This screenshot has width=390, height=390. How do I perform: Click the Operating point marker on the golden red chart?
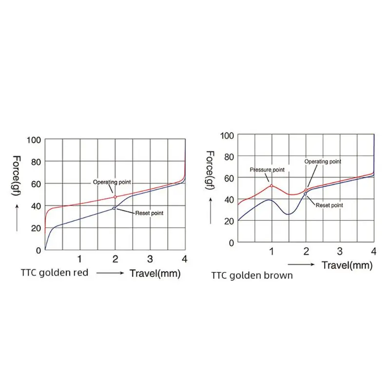(115, 197)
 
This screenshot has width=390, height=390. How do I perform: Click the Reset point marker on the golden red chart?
(114, 208)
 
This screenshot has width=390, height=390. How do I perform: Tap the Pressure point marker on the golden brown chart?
(271, 186)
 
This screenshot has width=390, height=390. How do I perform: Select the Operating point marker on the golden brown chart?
(306, 190)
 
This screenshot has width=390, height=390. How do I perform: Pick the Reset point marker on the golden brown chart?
(305, 194)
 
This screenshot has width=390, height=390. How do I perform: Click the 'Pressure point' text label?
(267, 170)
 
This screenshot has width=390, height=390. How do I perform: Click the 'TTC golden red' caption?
(55, 273)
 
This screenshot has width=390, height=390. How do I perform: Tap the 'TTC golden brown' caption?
(252, 275)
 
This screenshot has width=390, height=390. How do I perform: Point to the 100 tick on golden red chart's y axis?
(35, 140)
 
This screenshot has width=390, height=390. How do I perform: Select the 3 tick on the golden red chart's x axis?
(150, 258)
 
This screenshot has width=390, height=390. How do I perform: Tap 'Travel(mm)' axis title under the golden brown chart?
(347, 266)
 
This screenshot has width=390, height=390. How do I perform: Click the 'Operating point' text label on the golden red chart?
(112, 182)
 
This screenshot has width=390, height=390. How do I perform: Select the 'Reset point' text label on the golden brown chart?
(329, 205)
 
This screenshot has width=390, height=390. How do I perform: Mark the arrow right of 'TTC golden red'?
(111, 273)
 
